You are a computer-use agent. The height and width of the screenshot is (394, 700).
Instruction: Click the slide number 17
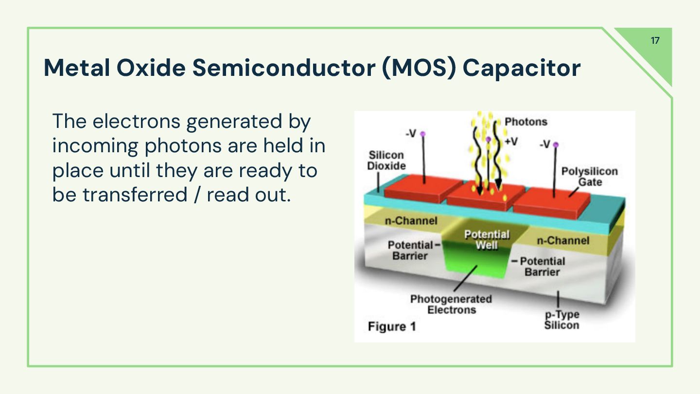point(655,40)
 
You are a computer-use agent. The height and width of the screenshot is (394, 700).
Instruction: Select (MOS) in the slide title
point(419,68)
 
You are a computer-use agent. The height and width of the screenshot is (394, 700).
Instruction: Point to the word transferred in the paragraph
point(135,195)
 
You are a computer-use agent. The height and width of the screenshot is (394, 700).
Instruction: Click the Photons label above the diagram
point(525,122)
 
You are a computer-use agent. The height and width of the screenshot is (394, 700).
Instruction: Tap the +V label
point(511,141)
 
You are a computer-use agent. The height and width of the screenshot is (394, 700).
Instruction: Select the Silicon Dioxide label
point(386,161)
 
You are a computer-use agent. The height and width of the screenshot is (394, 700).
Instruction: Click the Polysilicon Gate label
point(589,177)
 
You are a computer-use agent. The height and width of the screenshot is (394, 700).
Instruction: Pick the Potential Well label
point(487,240)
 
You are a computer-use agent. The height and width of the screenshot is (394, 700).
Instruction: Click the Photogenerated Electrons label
point(451,304)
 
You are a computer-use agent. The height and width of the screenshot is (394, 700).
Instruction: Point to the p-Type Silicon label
point(561,320)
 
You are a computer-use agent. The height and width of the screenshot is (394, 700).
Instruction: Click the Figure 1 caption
point(392,326)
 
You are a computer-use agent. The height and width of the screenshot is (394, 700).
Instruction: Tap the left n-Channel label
point(411,221)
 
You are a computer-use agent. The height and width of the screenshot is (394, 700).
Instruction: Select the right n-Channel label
point(562,240)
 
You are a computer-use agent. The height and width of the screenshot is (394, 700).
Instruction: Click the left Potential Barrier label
point(410,250)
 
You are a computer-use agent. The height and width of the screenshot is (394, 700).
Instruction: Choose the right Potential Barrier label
point(542,267)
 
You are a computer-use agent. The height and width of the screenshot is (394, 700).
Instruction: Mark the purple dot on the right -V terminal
point(556,144)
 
